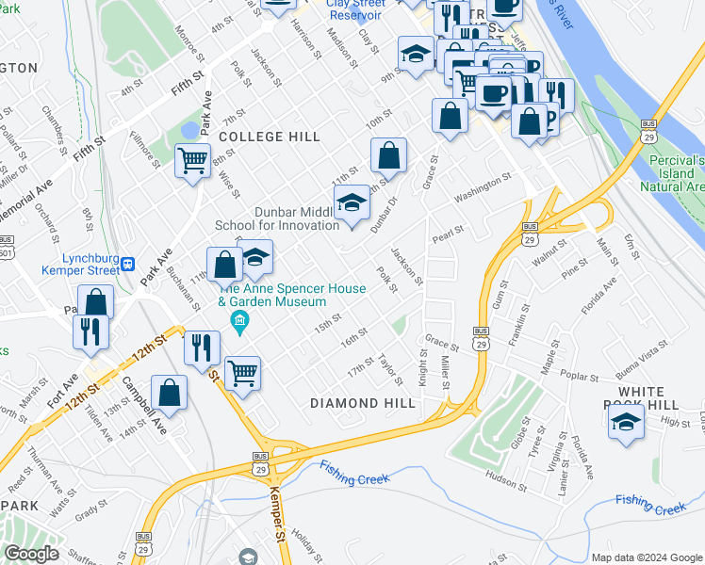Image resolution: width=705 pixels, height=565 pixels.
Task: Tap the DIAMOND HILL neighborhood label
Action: tap(363, 403)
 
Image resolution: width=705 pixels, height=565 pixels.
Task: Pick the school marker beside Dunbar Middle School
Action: tap(352, 203)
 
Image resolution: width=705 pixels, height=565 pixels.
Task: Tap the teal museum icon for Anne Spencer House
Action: tap(239, 324)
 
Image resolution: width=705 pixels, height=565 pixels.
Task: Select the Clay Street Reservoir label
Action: tap(355, 8)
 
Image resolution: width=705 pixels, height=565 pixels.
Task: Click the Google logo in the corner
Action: tap(31, 554)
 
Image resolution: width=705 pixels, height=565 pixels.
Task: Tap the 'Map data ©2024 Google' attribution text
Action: tap(647, 557)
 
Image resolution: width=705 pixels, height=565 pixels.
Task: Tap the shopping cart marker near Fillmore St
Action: tap(192, 161)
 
